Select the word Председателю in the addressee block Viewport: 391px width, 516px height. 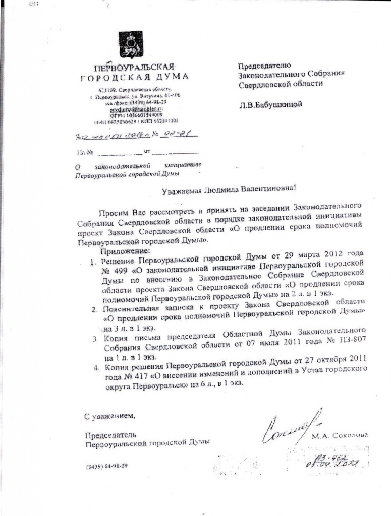tap(264, 64)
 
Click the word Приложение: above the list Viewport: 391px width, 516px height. tap(125, 250)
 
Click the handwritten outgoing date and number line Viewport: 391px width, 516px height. tap(134, 135)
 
